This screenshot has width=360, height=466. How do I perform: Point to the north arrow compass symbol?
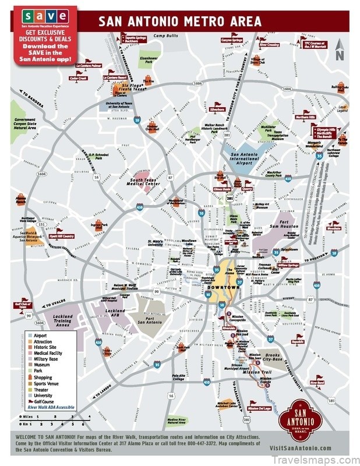340,52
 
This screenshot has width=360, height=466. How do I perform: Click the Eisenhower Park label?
149,59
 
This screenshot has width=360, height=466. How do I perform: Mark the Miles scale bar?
55,417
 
